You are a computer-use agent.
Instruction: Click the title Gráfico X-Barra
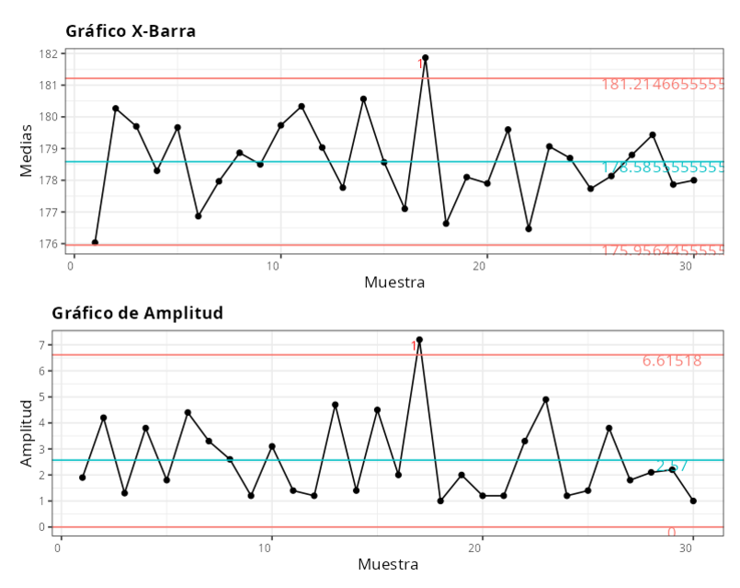pos(131,31)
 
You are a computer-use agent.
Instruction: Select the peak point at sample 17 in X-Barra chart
pos(426,58)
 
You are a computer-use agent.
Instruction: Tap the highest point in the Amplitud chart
pos(419,340)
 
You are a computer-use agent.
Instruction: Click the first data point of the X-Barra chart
pos(96,243)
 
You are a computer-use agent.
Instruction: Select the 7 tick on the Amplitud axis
pos(41,345)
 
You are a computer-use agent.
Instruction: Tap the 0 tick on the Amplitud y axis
pos(41,527)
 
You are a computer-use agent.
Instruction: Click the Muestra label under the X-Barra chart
pos(394,282)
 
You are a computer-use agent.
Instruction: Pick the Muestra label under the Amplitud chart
pos(388,563)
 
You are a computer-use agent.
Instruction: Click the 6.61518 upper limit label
pos(672,361)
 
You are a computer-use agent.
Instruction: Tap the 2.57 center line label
pos(672,466)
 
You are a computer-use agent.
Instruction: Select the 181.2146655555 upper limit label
pos(663,85)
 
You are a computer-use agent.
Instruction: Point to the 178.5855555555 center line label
pos(663,167)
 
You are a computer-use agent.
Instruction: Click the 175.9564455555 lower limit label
pos(663,251)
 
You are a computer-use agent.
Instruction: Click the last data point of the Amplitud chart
pos(693,501)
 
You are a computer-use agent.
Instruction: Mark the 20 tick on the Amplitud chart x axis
pos(477,547)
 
